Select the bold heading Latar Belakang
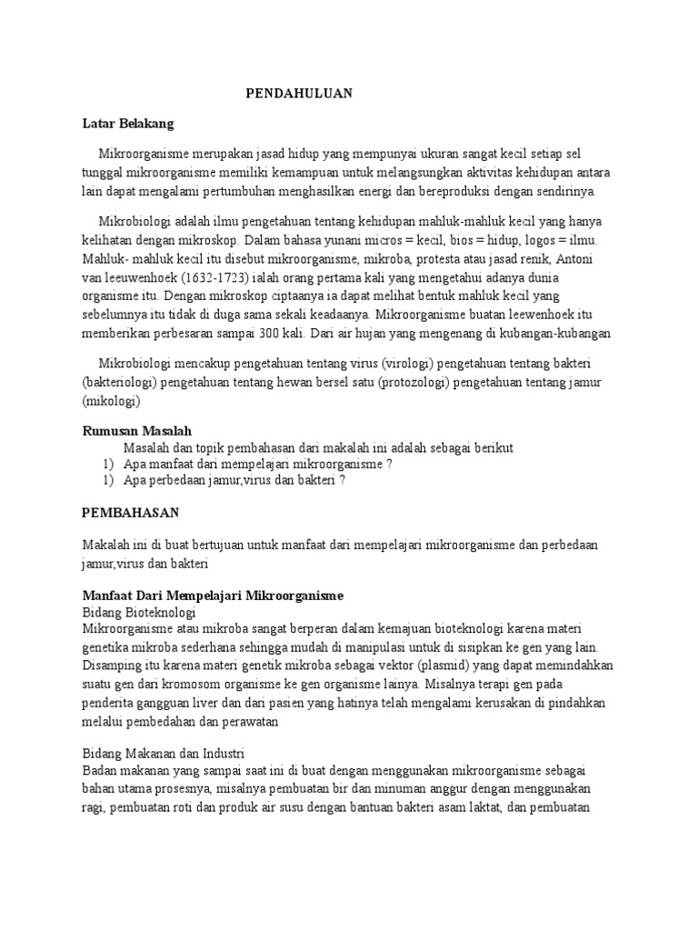128,122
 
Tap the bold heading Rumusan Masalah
137,431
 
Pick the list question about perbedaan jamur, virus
234,481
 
